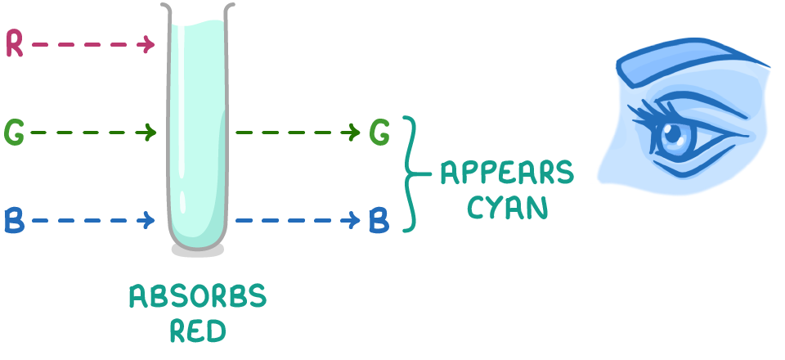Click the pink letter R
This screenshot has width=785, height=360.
point(14,44)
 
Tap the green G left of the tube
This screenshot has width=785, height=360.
point(14,132)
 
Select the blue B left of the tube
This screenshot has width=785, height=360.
point(14,220)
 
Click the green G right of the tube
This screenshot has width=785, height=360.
point(379,132)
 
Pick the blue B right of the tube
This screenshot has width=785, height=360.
point(379,220)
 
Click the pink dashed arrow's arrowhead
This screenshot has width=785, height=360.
point(150,44)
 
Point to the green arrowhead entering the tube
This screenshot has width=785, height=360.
point(151,132)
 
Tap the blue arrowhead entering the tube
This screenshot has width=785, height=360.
point(151,220)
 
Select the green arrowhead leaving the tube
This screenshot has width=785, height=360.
point(355,132)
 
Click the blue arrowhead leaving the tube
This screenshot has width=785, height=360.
point(355,220)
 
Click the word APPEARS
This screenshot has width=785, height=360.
point(507,173)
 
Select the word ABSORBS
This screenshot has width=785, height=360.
point(197,297)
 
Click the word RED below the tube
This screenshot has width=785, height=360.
point(197,331)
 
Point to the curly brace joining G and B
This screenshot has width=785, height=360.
point(413,174)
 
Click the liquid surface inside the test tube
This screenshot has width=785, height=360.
point(197,31)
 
